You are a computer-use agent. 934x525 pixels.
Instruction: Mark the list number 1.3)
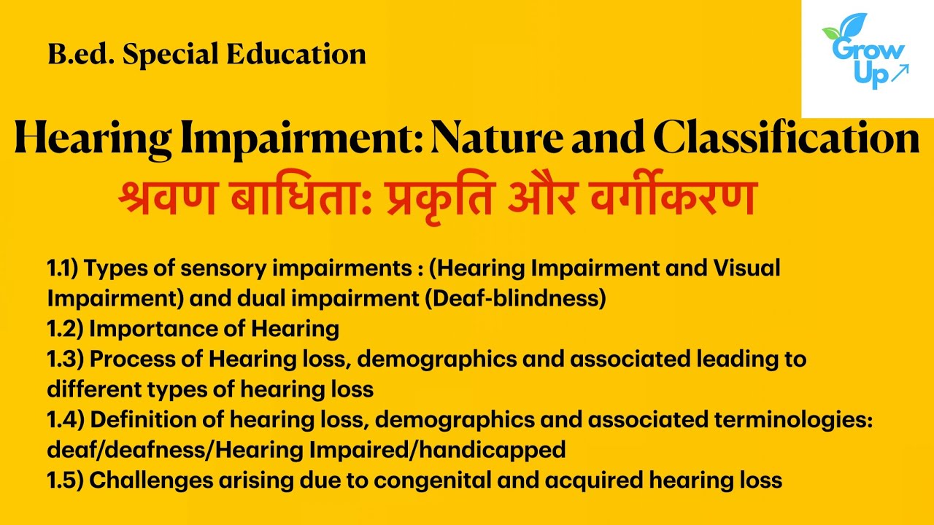click(x=65, y=359)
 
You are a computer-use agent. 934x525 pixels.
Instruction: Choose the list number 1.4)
click(x=65, y=420)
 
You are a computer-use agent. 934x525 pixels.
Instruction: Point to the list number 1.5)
click(x=65, y=481)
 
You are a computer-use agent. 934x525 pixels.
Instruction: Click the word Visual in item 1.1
click(x=744, y=268)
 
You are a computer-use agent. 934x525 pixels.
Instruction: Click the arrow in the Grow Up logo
click(x=900, y=71)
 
